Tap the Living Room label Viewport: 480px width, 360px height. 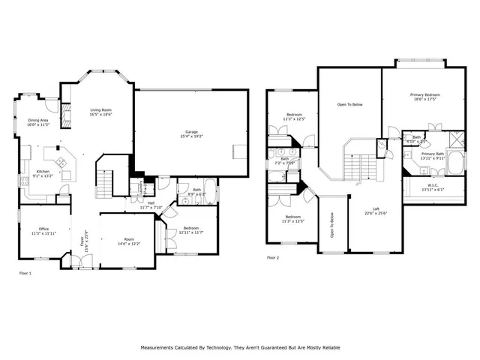coord(100,109)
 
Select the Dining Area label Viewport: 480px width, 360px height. coord(38,120)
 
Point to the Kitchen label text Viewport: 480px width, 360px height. coord(43,172)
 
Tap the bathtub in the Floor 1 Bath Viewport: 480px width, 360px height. coord(208,197)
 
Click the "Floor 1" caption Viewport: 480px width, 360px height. coord(25,273)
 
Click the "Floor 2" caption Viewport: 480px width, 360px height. coord(273,257)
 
